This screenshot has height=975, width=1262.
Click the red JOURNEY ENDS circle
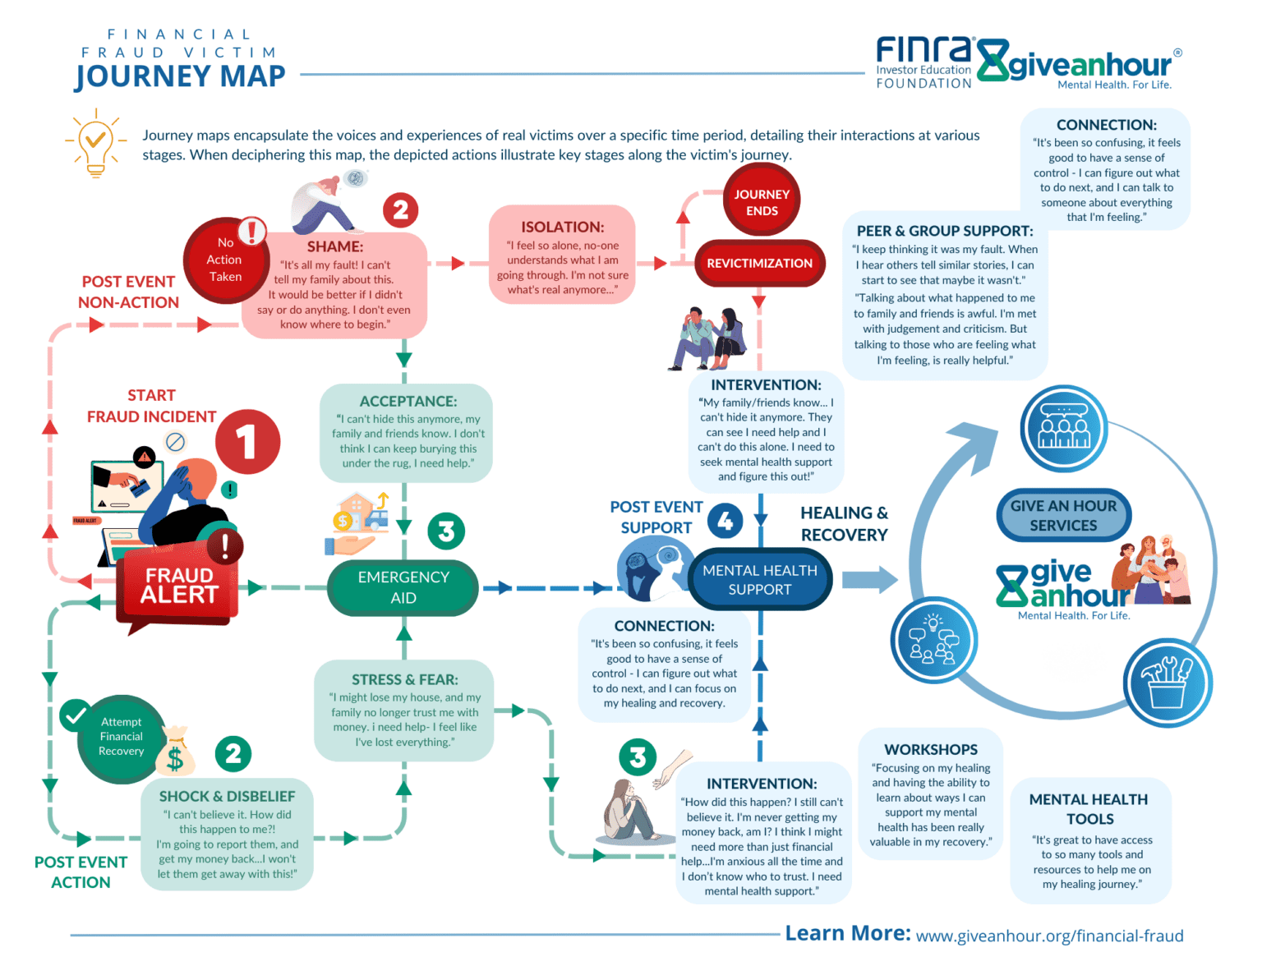(761, 201)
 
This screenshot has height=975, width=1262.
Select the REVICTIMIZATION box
(759, 264)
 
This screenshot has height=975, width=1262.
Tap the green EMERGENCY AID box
(403, 587)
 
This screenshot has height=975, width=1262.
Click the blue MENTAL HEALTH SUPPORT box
(759, 580)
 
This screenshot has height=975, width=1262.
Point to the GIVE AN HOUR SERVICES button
(1063, 516)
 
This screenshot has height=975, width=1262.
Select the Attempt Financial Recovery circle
(121, 737)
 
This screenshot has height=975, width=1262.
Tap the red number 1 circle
(247, 443)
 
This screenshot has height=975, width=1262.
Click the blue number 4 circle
(725, 521)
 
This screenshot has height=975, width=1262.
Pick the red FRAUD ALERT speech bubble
(179, 586)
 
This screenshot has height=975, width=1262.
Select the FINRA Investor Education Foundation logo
(923, 62)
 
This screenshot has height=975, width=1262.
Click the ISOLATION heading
(562, 228)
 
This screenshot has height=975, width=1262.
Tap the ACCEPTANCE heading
(408, 402)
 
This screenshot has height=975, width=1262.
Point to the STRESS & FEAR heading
(404, 680)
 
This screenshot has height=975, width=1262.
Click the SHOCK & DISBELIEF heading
(227, 797)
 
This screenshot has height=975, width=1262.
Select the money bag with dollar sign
(175, 752)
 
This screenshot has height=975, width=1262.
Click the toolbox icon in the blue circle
(1167, 683)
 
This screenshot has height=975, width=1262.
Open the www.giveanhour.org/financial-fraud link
(1049, 936)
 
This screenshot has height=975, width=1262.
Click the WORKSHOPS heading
(930, 750)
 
